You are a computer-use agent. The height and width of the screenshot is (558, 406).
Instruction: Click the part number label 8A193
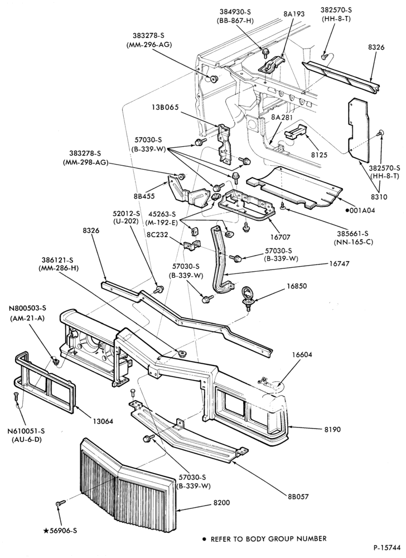click(294, 15)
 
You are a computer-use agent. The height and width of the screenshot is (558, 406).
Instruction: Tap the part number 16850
click(297, 286)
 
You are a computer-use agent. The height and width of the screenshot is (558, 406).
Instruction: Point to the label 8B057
click(298, 497)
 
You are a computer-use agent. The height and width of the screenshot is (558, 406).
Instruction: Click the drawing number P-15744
click(387, 547)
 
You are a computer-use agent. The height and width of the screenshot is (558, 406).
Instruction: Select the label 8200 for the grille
click(222, 503)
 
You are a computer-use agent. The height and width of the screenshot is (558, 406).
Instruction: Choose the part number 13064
click(103, 421)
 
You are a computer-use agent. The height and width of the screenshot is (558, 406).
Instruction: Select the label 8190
click(332, 430)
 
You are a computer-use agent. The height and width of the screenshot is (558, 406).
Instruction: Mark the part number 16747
click(339, 264)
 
